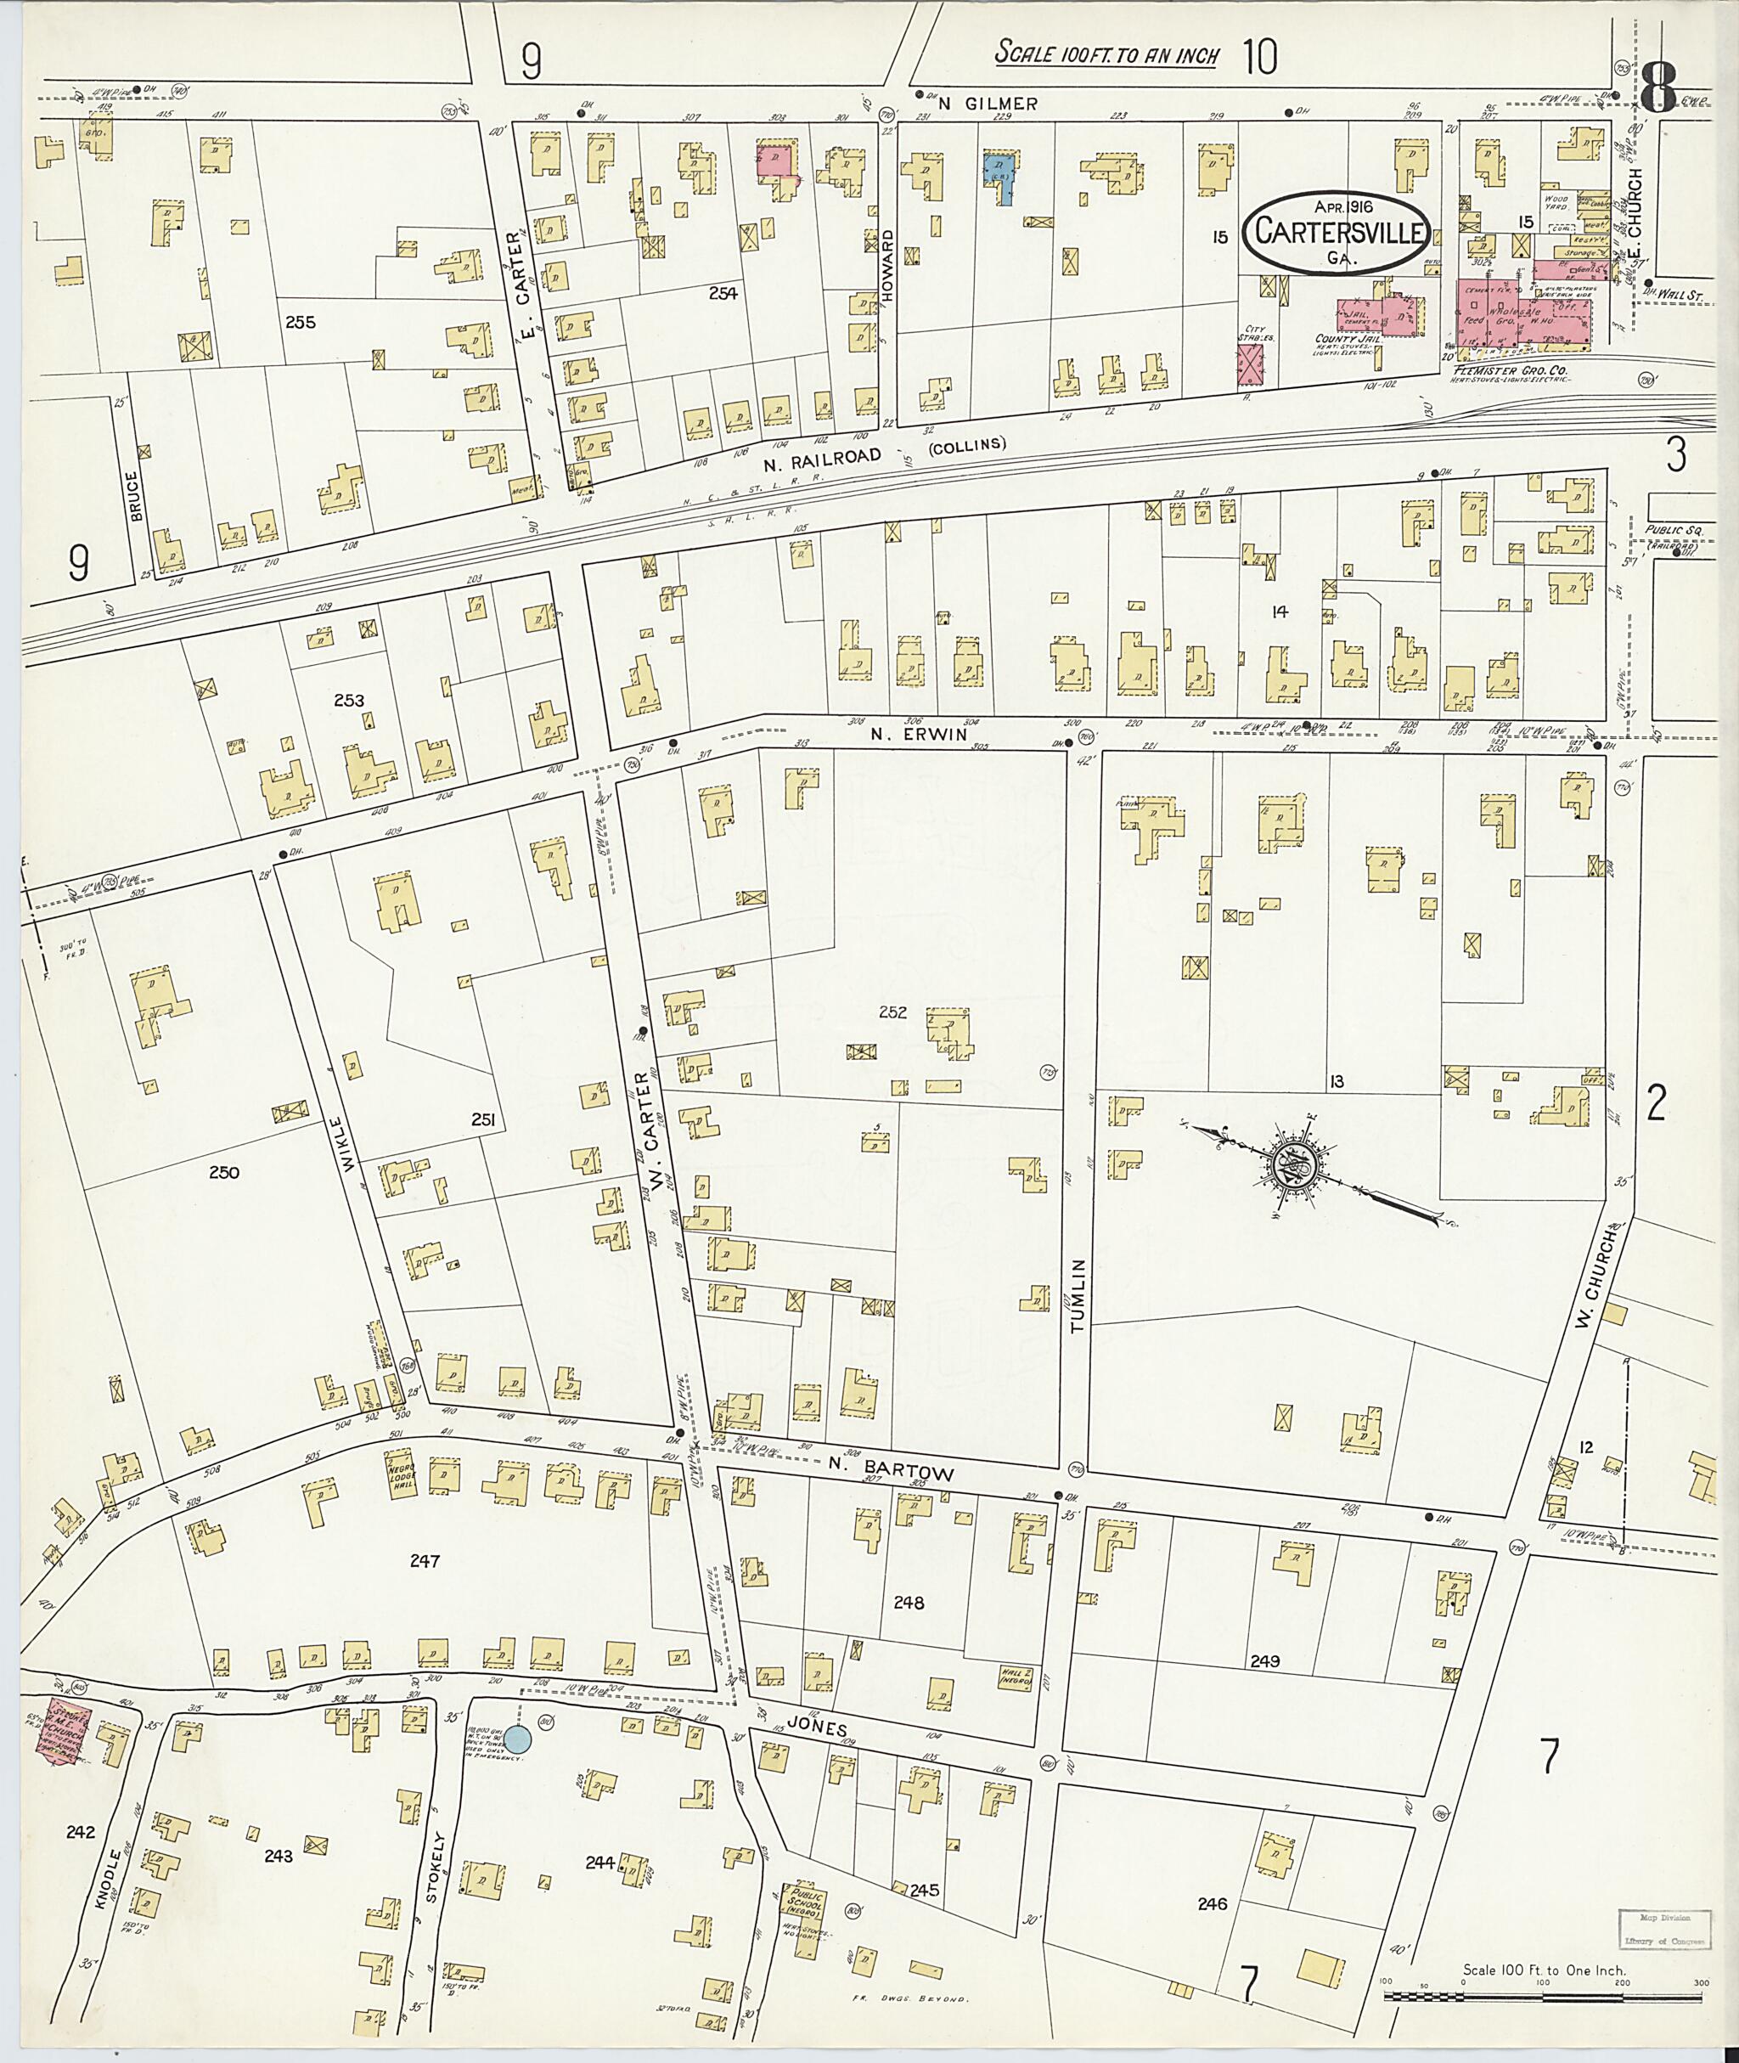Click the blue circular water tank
520,1739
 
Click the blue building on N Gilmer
1003,176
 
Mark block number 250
224,1173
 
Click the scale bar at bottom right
1543,1998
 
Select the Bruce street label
135,495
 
